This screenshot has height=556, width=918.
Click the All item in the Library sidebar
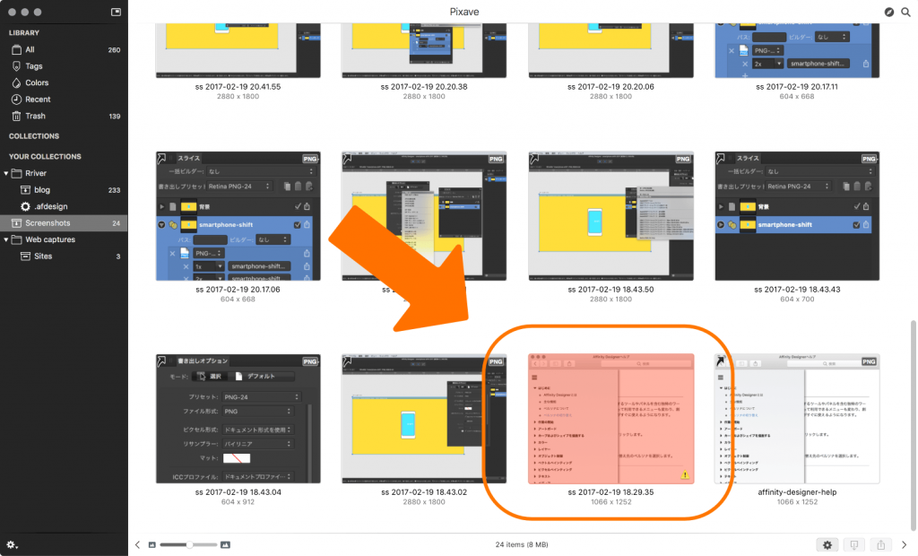30,50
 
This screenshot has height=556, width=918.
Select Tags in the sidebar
34,66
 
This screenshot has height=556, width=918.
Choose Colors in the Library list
37,83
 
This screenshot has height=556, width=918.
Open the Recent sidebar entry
38,100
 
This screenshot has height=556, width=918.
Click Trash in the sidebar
35,116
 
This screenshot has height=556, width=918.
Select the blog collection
42,190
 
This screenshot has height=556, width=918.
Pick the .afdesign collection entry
51,206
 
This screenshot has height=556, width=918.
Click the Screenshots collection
48,222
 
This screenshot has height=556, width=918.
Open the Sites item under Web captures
43,256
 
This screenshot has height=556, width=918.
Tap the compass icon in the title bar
888,12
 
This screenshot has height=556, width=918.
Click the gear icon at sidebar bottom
12,544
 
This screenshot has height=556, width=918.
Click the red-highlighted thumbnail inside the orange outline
611,418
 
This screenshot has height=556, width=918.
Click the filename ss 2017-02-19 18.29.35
611,492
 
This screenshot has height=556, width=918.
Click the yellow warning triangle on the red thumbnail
685,474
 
